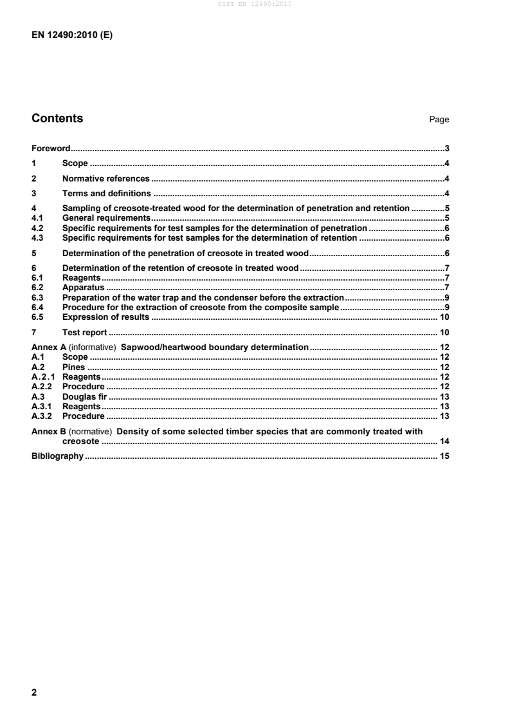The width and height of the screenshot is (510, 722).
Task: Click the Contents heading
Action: pos(57,118)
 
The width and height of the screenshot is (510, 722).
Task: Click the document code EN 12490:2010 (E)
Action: pos(72,36)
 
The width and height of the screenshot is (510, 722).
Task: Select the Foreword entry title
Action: pos(51,148)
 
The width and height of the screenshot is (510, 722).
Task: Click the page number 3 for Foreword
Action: pos(446,148)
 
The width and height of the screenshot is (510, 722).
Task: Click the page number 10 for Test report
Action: pos(444,332)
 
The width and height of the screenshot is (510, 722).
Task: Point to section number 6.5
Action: pos(37,317)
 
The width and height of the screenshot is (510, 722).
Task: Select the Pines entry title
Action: pos(74,367)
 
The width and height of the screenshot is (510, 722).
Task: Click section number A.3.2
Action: pos(42,416)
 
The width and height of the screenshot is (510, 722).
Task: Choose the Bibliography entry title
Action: pos(57,456)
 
